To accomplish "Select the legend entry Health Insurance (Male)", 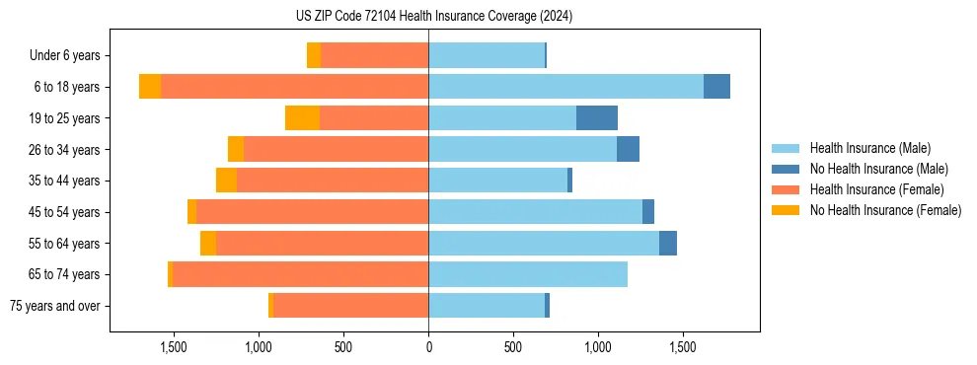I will pyautogui.click(x=869, y=148).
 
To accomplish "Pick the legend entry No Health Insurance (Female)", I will pyautogui.click(x=884, y=210).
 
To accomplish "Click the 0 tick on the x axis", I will pyautogui.click(x=428, y=348).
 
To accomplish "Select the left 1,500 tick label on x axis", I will pyautogui.click(x=173, y=348).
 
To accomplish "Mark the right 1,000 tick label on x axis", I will pyautogui.click(x=598, y=348).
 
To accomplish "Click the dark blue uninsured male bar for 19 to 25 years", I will pyautogui.click(x=596, y=118).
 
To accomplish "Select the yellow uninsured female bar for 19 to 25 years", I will pyautogui.click(x=302, y=118).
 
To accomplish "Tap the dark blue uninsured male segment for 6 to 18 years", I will pyautogui.click(x=716, y=87).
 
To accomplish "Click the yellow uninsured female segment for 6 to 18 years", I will pyautogui.click(x=150, y=87).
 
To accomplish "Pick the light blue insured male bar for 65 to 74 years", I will pyautogui.click(x=528, y=274).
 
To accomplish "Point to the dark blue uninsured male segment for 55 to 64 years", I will pyautogui.click(x=667, y=243).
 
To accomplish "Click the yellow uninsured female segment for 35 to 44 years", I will pyautogui.click(x=226, y=181).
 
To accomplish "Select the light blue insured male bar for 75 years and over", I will pyautogui.click(x=487, y=306).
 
